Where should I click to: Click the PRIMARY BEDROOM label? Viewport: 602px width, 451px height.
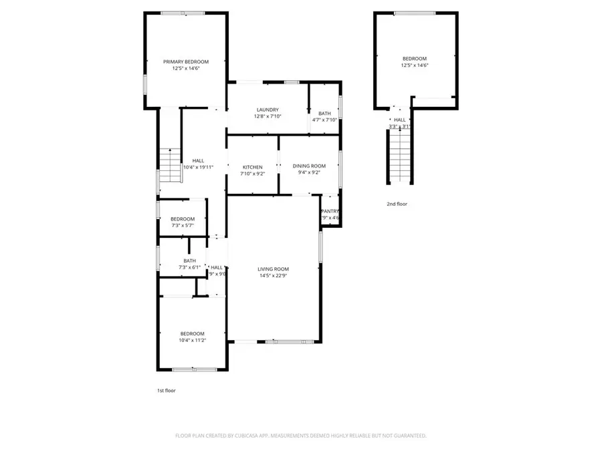point(186,61)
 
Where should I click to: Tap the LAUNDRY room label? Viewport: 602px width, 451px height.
point(268,110)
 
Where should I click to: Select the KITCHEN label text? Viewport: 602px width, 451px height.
point(252,167)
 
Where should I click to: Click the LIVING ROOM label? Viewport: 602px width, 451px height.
point(273,269)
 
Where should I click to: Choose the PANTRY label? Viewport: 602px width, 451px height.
point(330,211)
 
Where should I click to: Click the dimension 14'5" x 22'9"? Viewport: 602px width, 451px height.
point(273,275)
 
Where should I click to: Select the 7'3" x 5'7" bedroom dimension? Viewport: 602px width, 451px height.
point(183,226)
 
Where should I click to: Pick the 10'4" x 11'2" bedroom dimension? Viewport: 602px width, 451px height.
point(192,340)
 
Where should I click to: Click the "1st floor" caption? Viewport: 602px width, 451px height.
point(165,390)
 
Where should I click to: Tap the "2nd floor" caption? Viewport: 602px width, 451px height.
point(397,204)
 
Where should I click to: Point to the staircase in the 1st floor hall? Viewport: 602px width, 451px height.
point(171,159)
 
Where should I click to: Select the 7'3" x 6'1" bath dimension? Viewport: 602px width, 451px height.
point(190,267)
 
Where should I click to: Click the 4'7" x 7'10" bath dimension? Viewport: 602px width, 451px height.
point(324,120)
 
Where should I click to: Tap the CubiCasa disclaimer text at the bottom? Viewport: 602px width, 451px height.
point(300,436)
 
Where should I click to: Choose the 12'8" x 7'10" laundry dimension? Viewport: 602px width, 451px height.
point(268,116)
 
